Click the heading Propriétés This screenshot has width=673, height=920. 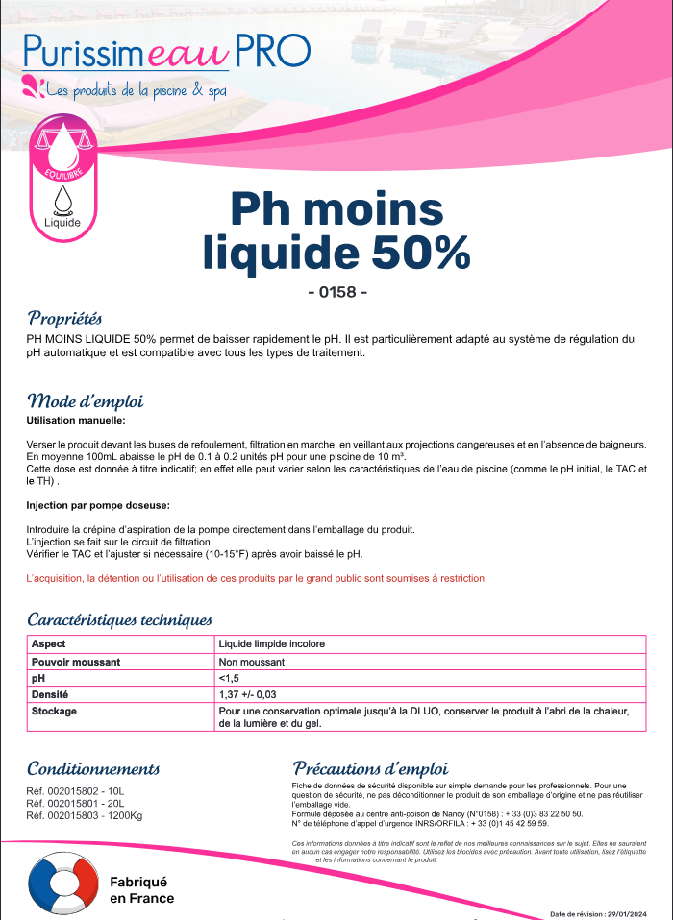pyautogui.click(x=64, y=318)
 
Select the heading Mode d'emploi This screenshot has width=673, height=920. pyautogui.click(x=86, y=400)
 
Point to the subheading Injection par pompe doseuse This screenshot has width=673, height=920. pyautogui.click(x=98, y=504)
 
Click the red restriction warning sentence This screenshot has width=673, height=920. pyautogui.click(x=257, y=578)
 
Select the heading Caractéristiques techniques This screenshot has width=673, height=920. pyautogui.click(x=119, y=619)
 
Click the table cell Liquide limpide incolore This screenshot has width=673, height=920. pyautogui.click(x=272, y=643)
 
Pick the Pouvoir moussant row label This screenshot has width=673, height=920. pyautogui.click(x=76, y=662)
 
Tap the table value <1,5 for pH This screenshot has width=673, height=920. pyautogui.click(x=229, y=678)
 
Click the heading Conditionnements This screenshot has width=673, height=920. pyautogui.click(x=93, y=768)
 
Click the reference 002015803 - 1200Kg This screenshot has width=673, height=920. pyautogui.click(x=85, y=815)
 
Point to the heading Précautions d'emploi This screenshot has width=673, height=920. pyautogui.click(x=370, y=768)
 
